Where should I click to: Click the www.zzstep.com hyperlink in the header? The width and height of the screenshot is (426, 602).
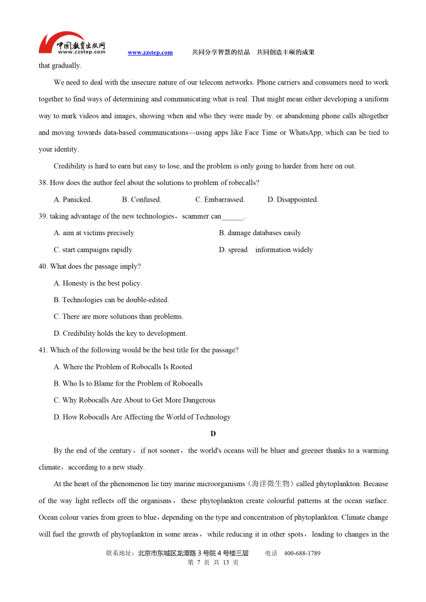click(x=150, y=53)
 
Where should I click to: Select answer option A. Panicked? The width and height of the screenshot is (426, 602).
click(x=73, y=199)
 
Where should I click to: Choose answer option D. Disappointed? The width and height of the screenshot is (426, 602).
click(x=293, y=199)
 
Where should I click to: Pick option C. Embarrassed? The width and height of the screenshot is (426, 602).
click(x=220, y=199)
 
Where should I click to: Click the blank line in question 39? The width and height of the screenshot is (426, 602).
click(x=232, y=217)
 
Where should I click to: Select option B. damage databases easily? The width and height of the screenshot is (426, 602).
click(x=260, y=233)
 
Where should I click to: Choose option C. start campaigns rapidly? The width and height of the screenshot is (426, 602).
click(x=93, y=250)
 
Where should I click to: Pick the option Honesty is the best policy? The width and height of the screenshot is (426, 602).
click(x=98, y=283)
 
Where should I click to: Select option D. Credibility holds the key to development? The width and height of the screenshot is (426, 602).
click(x=120, y=333)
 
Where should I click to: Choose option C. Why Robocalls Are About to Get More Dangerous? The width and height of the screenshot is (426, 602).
click(x=135, y=400)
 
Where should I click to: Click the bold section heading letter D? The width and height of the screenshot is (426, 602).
click(x=213, y=434)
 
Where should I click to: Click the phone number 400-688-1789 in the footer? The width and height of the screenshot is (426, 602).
click(x=302, y=553)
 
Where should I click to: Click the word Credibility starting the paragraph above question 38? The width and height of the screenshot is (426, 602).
click(x=71, y=166)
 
